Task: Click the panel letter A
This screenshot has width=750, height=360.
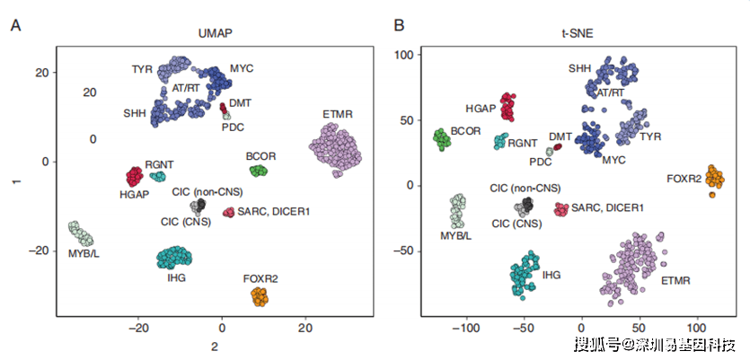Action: (16, 26)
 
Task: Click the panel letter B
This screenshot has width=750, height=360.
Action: (400, 26)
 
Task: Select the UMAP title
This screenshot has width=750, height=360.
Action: (216, 33)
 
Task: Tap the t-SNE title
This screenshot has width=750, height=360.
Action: (579, 33)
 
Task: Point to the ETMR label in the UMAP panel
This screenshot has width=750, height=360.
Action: (338, 115)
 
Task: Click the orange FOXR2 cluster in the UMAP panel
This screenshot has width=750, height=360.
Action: (260, 297)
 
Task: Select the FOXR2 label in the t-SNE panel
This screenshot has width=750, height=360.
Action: (684, 180)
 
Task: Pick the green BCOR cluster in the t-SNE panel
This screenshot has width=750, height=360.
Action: (442, 140)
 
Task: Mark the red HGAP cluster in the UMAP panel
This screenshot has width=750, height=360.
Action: (135, 177)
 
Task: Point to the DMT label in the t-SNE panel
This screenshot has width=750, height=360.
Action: (560, 136)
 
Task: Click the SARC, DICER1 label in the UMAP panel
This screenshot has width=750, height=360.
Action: (273, 210)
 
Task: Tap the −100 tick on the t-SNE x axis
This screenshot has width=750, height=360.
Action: (466, 329)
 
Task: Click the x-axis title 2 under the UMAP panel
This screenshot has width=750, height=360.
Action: (215, 347)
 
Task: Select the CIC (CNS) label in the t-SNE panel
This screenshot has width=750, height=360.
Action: (516, 224)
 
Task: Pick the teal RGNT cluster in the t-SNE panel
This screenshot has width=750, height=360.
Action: (501, 141)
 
